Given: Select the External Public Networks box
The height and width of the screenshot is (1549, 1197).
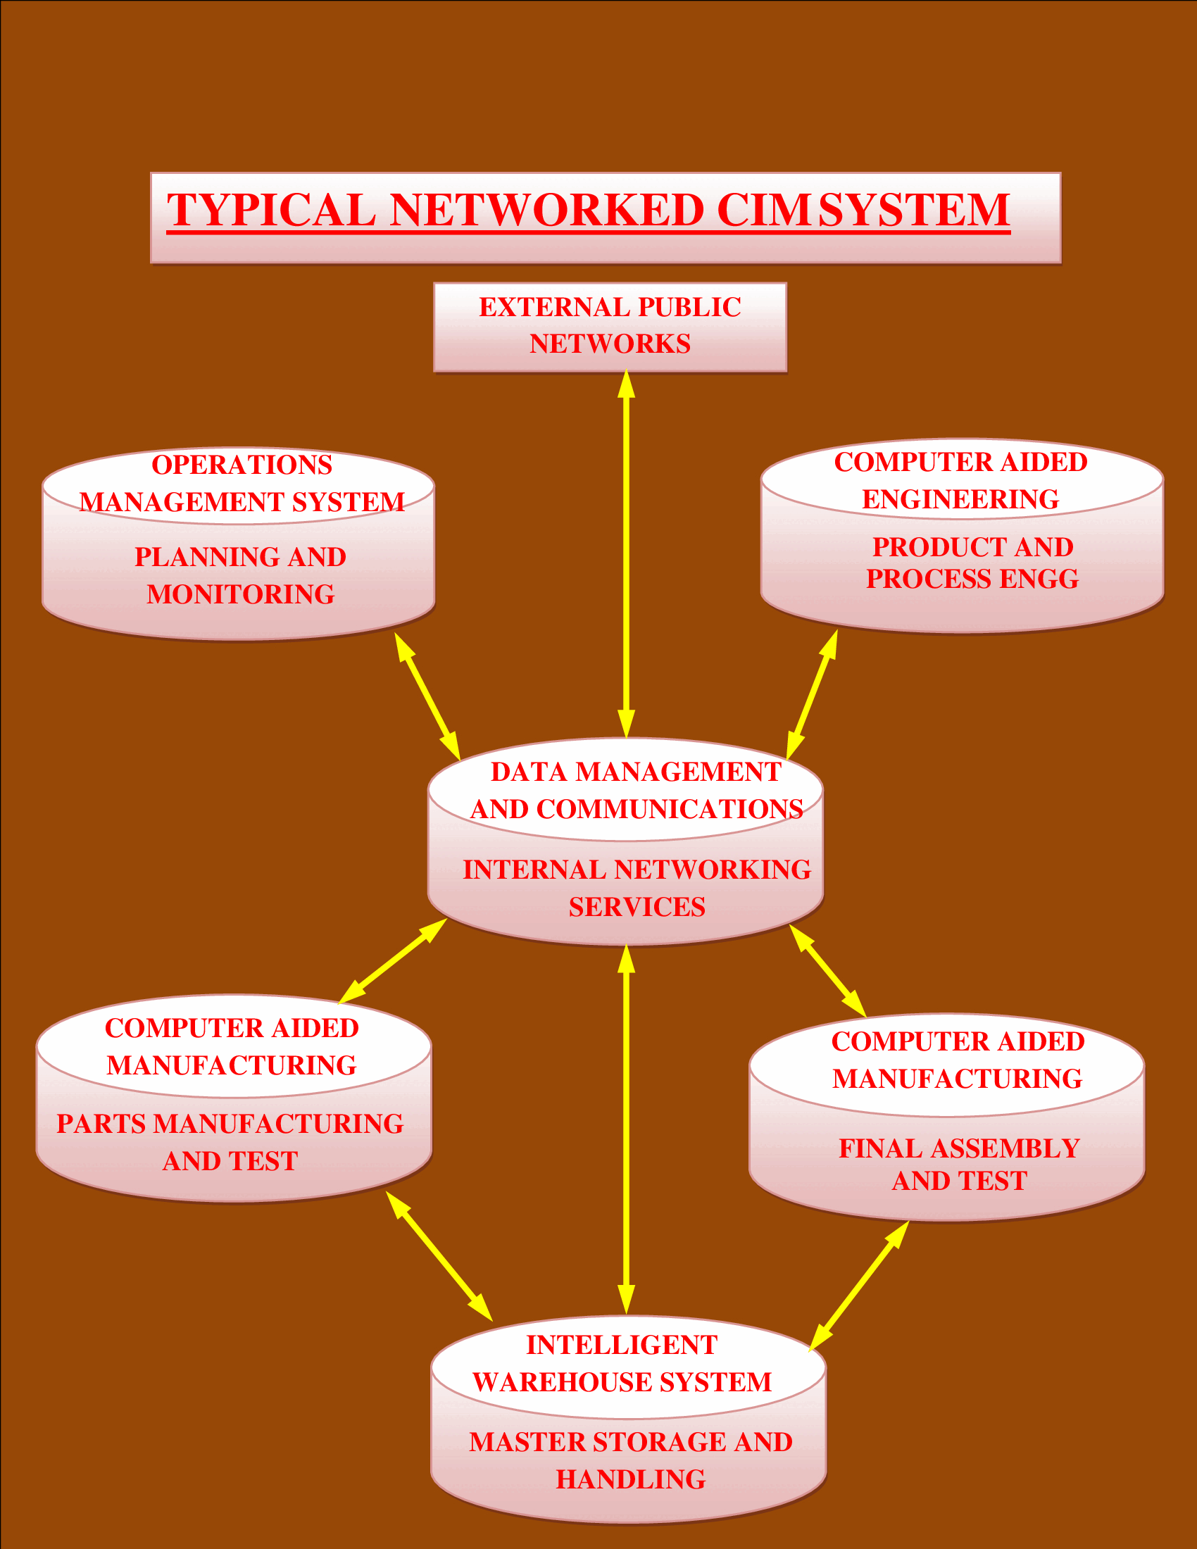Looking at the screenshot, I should (610, 327).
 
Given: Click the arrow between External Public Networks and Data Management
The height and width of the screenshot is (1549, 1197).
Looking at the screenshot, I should (626, 553).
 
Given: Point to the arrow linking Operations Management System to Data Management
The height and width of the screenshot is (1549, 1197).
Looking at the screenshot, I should (427, 696).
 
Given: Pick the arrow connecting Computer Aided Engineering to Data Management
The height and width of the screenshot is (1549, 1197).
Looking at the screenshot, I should (813, 694).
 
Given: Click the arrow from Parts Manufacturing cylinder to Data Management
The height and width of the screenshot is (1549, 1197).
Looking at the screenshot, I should (393, 961).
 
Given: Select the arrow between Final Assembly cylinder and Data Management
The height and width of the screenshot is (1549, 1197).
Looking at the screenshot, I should (827, 970).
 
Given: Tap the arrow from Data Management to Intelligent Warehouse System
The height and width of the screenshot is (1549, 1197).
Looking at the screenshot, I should (626, 1128).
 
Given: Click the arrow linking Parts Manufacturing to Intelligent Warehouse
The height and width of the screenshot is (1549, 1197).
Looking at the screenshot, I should (439, 1256).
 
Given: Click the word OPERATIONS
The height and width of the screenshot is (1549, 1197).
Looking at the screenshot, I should (242, 465).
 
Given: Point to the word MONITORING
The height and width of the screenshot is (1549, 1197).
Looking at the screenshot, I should (240, 594).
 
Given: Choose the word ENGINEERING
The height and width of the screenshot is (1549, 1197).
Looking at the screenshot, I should (960, 499).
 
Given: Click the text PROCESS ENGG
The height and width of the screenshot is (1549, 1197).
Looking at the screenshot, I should (972, 579).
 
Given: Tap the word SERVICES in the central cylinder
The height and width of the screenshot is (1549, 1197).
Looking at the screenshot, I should (637, 907).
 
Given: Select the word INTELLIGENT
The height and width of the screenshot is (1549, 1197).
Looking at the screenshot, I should (621, 1345).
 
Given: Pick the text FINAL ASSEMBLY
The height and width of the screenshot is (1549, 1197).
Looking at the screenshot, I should (959, 1148).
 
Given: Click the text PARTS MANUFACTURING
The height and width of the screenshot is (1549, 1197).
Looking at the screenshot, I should (230, 1124).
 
